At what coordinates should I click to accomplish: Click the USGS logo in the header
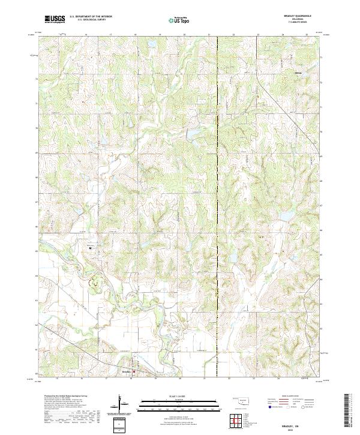tap(55, 20)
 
